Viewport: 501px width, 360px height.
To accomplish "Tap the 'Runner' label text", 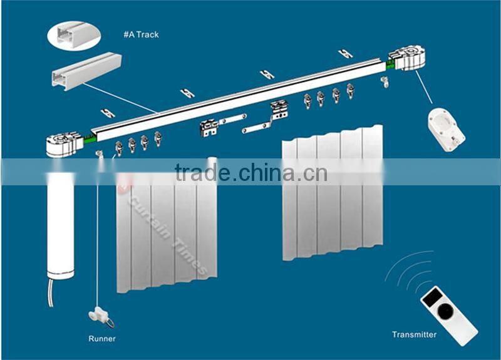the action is (x=102, y=339).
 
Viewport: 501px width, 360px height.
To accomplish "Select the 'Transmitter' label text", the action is (x=414, y=335).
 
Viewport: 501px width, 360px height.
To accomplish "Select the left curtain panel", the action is (x=166, y=232).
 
